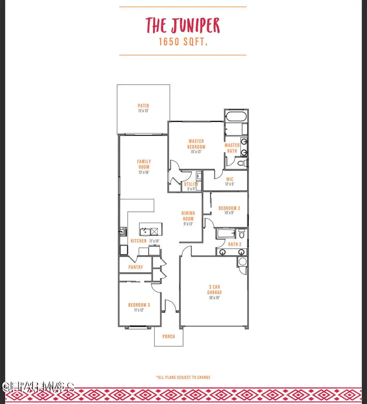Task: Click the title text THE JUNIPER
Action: click(x=183, y=26)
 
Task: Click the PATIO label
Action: click(x=143, y=106)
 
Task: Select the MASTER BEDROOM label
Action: click(x=197, y=144)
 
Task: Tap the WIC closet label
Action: click(x=230, y=179)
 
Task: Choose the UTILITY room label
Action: click(x=191, y=184)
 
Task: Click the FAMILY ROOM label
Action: click(x=144, y=164)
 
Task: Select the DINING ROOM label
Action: click(x=188, y=216)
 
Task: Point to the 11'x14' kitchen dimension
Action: click(x=154, y=241)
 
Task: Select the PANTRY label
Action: click(x=136, y=267)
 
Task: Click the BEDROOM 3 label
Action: click(x=136, y=305)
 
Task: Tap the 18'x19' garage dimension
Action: click(x=214, y=298)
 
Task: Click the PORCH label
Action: click(x=168, y=337)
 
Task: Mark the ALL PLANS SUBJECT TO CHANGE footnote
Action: click(x=183, y=377)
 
